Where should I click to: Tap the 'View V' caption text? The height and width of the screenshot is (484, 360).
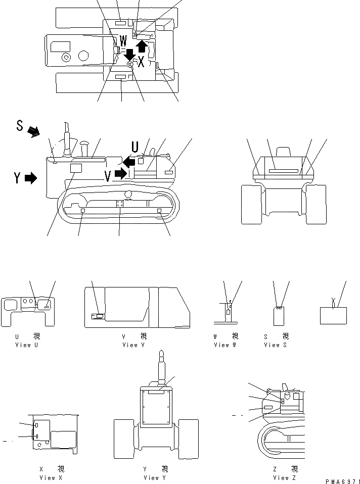point(134,345)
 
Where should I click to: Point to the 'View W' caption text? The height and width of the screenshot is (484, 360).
point(225,345)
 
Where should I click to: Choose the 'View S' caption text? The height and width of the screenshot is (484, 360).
point(276,345)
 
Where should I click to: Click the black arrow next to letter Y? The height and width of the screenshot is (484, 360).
point(31,178)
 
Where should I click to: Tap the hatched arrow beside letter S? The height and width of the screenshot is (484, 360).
point(34,132)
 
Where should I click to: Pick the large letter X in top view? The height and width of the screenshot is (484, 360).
point(141,62)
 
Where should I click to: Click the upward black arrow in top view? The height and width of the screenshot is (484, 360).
point(142,46)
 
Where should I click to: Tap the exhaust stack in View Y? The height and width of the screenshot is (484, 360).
point(162,368)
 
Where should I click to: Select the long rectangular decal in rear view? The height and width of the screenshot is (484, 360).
point(283,171)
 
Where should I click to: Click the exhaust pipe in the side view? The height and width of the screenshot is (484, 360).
point(66,136)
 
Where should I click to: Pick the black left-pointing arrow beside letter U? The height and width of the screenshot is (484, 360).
point(129,161)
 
